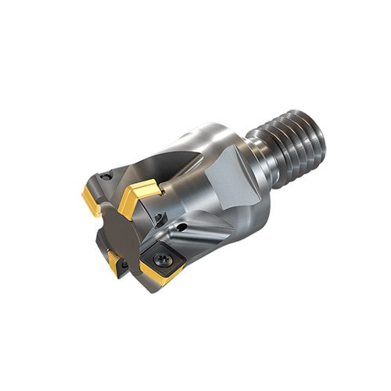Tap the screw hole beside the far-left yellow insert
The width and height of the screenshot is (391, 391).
(106, 178)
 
